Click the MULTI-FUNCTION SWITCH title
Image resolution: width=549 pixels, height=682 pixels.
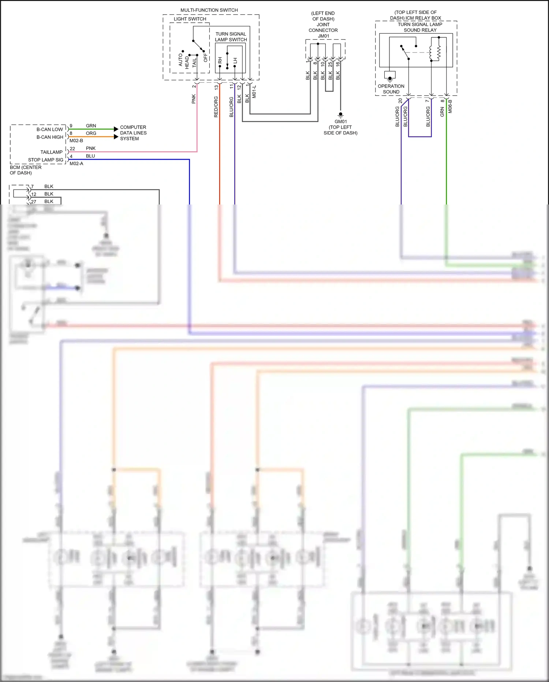pos(209,10)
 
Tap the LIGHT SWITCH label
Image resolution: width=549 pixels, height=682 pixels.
pos(190,19)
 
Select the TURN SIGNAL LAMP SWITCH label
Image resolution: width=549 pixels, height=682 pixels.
pos(231,37)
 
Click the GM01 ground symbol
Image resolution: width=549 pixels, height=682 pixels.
pos(340,115)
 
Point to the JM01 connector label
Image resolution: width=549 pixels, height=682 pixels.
pos(324,36)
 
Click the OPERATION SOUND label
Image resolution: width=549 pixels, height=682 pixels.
pos(391,89)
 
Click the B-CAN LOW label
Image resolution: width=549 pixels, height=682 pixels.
pos(50,129)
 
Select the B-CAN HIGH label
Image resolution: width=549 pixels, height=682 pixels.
pos(50,137)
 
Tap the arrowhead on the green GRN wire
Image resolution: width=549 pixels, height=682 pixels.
pos(116,129)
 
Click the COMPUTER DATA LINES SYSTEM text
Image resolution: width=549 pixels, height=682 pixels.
pos(133,133)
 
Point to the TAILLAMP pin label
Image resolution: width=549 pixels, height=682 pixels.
pos(51,152)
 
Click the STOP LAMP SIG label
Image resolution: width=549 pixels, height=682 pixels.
pos(46,160)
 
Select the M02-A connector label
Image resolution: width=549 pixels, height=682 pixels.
pos(76,164)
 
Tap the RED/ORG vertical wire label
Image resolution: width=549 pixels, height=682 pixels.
pos(216,107)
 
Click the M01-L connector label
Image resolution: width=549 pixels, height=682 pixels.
pos(254,92)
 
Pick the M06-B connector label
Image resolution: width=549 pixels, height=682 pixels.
pos(450,106)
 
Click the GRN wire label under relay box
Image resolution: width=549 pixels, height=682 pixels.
pos(442,112)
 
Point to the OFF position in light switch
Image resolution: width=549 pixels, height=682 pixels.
pos(205,58)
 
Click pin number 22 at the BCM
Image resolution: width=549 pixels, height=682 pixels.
pos(72,149)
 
